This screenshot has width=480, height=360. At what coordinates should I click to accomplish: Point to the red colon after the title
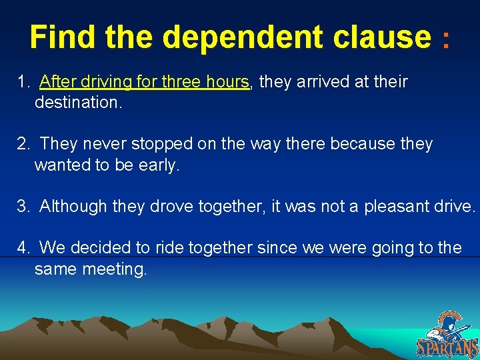pos(445,40)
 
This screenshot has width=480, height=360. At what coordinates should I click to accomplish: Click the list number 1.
pos(23,82)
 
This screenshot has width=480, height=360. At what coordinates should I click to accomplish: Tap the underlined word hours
pos(227,82)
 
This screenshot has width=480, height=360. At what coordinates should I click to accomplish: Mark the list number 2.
pos(23,144)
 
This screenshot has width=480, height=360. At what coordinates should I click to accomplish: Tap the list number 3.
pos(23,206)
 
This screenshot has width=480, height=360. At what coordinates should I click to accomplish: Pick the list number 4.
pos(23,248)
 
